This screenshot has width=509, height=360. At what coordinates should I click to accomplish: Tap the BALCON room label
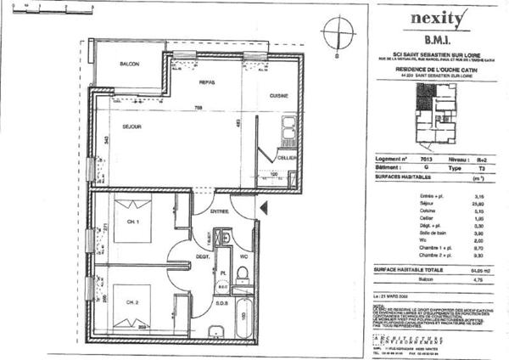[129, 65]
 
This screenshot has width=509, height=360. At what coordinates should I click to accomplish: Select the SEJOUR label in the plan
[131, 127]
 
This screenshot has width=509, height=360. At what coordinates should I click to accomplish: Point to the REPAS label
[207, 82]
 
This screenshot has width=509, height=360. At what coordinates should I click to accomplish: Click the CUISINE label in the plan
[281, 96]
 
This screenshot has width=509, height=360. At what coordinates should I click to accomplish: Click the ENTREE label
[220, 211]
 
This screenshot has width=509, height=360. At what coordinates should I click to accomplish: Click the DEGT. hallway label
[203, 256]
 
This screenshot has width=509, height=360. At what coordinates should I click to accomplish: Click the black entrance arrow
[264, 206]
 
